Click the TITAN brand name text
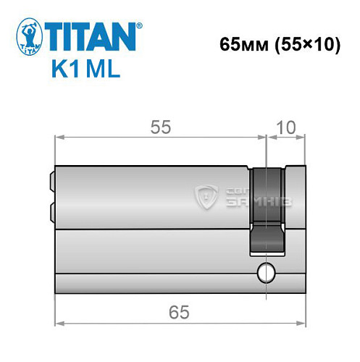90,36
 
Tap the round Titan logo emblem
28,39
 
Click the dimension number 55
160,127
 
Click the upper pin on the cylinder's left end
51,180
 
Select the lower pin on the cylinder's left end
51,211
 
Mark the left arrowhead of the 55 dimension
60,136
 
